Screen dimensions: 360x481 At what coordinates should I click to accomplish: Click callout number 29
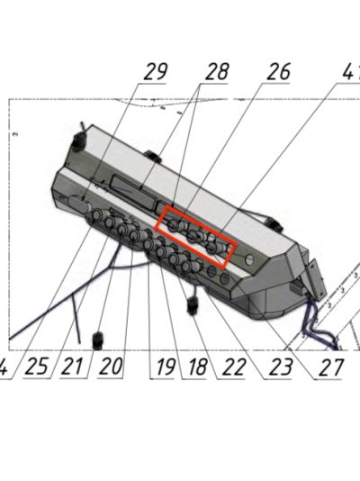point(156,72)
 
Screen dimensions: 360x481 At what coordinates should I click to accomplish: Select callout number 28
point(217,72)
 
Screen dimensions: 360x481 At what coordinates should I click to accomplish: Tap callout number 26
point(278,72)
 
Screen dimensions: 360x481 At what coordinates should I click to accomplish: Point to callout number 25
point(37,367)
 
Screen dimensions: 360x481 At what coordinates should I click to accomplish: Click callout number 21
point(72,367)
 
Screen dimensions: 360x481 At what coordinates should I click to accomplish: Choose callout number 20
point(111,367)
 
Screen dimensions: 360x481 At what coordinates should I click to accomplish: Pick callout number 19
point(166,367)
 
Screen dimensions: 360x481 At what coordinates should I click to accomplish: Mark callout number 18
point(198,367)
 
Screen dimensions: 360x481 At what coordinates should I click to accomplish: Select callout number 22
point(234,367)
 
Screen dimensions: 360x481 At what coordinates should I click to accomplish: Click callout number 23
point(280,367)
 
